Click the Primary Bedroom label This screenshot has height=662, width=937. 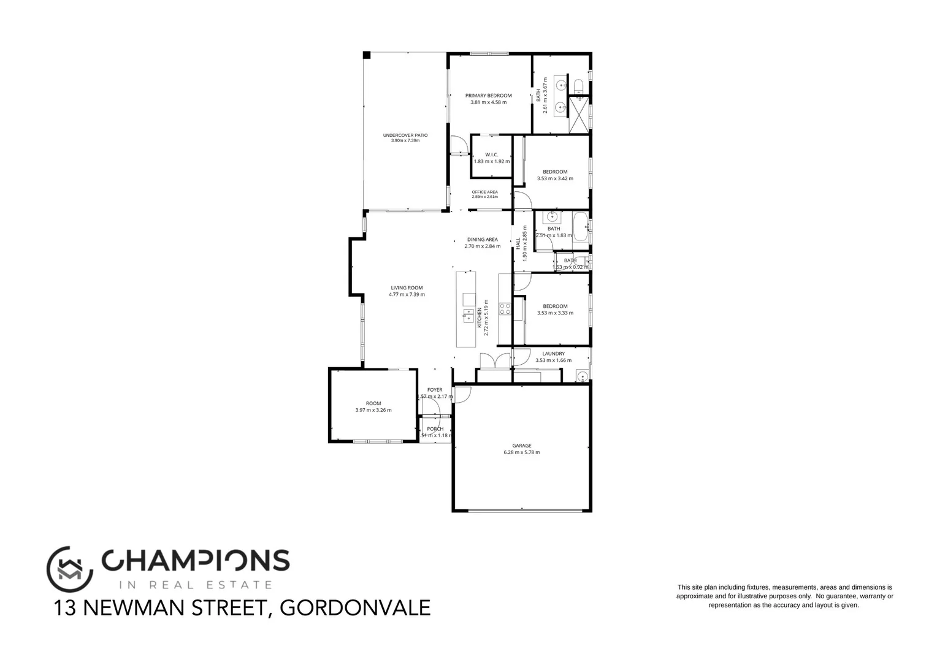(488, 96)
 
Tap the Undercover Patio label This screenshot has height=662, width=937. (405, 135)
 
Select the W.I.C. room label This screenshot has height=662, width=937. (491, 154)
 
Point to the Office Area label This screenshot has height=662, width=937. (484, 192)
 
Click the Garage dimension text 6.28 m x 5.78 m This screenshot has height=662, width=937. (522, 452)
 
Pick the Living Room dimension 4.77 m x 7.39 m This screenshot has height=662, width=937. (407, 294)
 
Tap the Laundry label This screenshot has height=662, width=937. (553, 354)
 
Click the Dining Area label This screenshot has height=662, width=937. (482, 240)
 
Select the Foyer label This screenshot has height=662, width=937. (435, 390)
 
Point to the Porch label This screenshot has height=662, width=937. (435, 428)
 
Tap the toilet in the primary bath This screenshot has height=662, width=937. (578, 85)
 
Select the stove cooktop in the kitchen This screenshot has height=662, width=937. (505, 309)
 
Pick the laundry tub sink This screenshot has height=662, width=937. (582, 376)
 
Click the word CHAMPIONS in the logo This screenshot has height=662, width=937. (195, 560)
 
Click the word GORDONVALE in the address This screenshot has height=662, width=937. (354, 608)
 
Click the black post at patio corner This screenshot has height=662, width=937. (367, 55)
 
